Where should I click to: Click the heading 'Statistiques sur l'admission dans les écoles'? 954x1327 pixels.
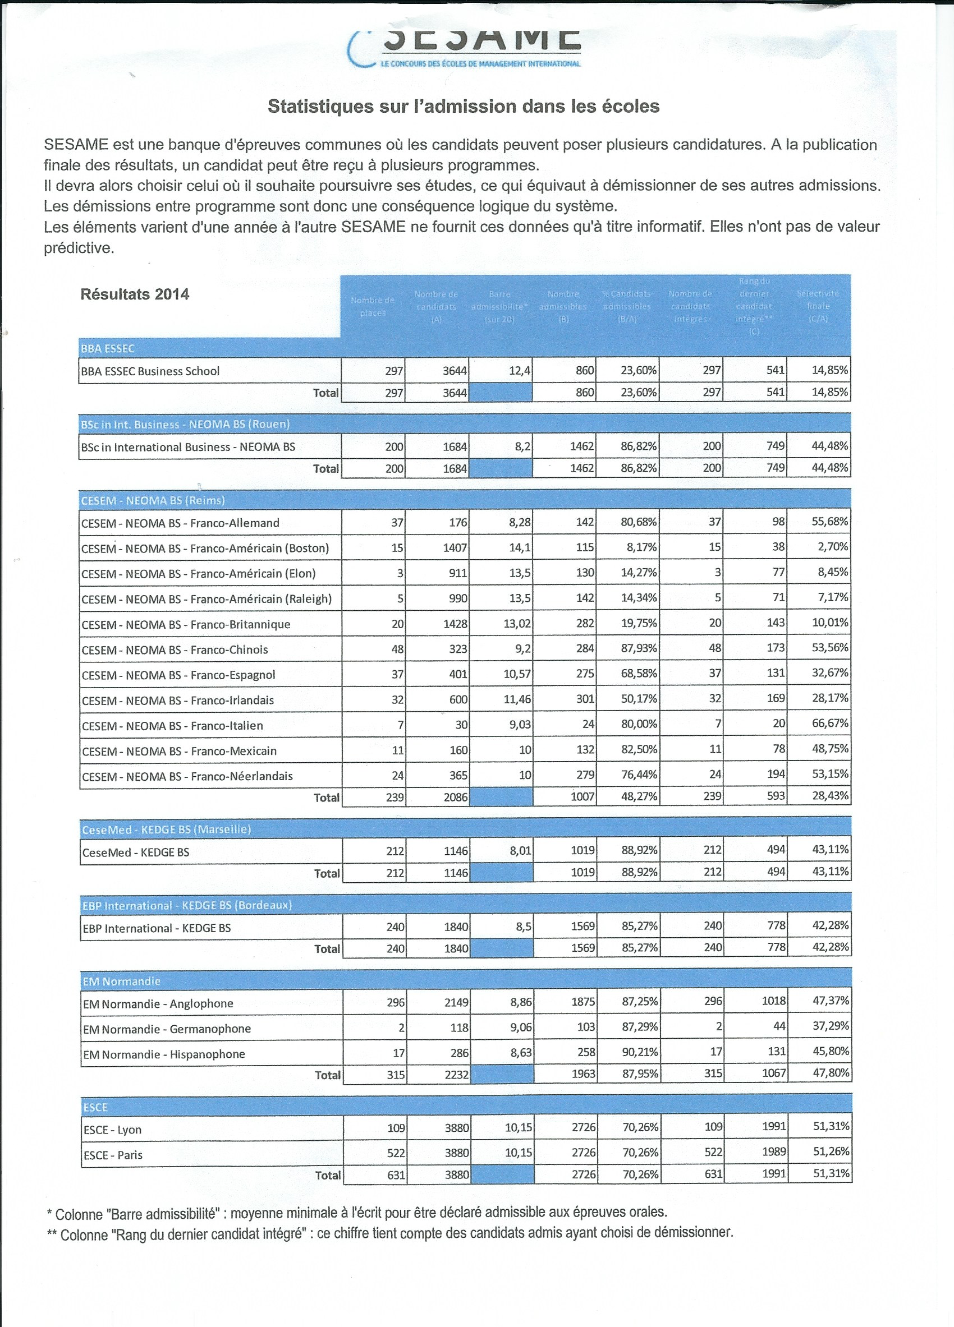pyautogui.click(x=463, y=107)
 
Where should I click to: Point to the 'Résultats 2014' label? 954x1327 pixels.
pyautogui.click(x=135, y=294)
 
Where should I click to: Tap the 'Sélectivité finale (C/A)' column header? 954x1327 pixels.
pyautogui.click(x=818, y=307)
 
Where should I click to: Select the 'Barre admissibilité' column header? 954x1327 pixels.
pyautogui.click(x=500, y=307)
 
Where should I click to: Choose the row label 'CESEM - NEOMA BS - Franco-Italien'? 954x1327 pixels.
pyautogui.click(x=172, y=726)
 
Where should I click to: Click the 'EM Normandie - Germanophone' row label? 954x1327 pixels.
pyautogui.click(x=167, y=1029)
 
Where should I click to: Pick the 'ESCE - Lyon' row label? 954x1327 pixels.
pyautogui.click(x=112, y=1130)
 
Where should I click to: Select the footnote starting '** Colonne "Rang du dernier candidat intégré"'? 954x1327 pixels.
pyautogui.click(x=389, y=1233)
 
